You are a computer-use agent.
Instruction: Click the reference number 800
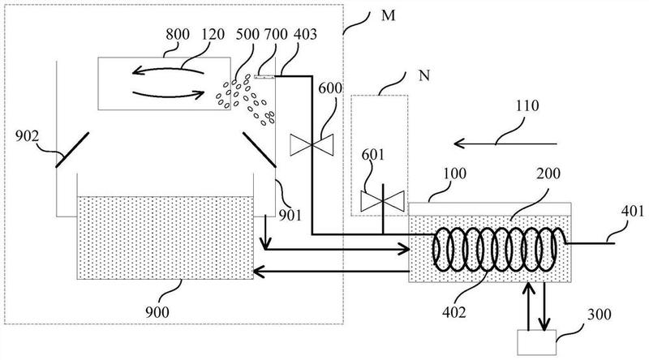click(178, 34)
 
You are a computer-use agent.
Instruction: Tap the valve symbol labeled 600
click(312, 145)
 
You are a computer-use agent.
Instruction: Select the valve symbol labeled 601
click(382, 201)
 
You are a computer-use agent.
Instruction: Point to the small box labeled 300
click(536, 342)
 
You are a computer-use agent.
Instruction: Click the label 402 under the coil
click(454, 312)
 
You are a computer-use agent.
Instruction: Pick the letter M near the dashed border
click(389, 15)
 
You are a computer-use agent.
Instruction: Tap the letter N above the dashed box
click(424, 75)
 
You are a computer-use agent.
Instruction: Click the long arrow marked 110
click(505, 144)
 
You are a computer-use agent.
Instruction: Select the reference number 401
click(633, 212)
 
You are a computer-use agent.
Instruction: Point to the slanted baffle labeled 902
click(72, 150)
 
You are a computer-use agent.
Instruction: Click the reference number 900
click(157, 311)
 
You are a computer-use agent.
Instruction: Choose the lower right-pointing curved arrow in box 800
click(169, 95)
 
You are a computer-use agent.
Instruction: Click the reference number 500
click(247, 34)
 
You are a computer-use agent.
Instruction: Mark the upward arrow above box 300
click(530, 306)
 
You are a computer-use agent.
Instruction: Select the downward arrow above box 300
click(544, 306)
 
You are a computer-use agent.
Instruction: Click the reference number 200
click(548, 174)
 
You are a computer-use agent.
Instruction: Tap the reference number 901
click(290, 215)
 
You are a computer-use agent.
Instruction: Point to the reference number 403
click(305, 34)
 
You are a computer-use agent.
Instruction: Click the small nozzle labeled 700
click(264, 76)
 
